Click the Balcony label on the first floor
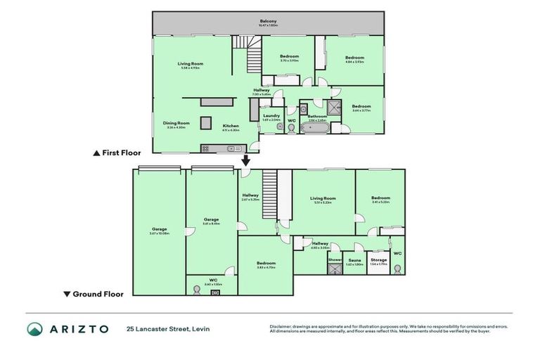pos(268,22)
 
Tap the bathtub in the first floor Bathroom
pos(317,129)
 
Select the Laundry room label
pos(271,115)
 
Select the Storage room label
pos(378,259)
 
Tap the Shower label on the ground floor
pos(335,259)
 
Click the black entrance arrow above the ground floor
pos(246,160)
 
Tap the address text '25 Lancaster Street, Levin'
pos(168,329)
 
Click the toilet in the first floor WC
pos(291,129)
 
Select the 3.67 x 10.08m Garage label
pos(159,229)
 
